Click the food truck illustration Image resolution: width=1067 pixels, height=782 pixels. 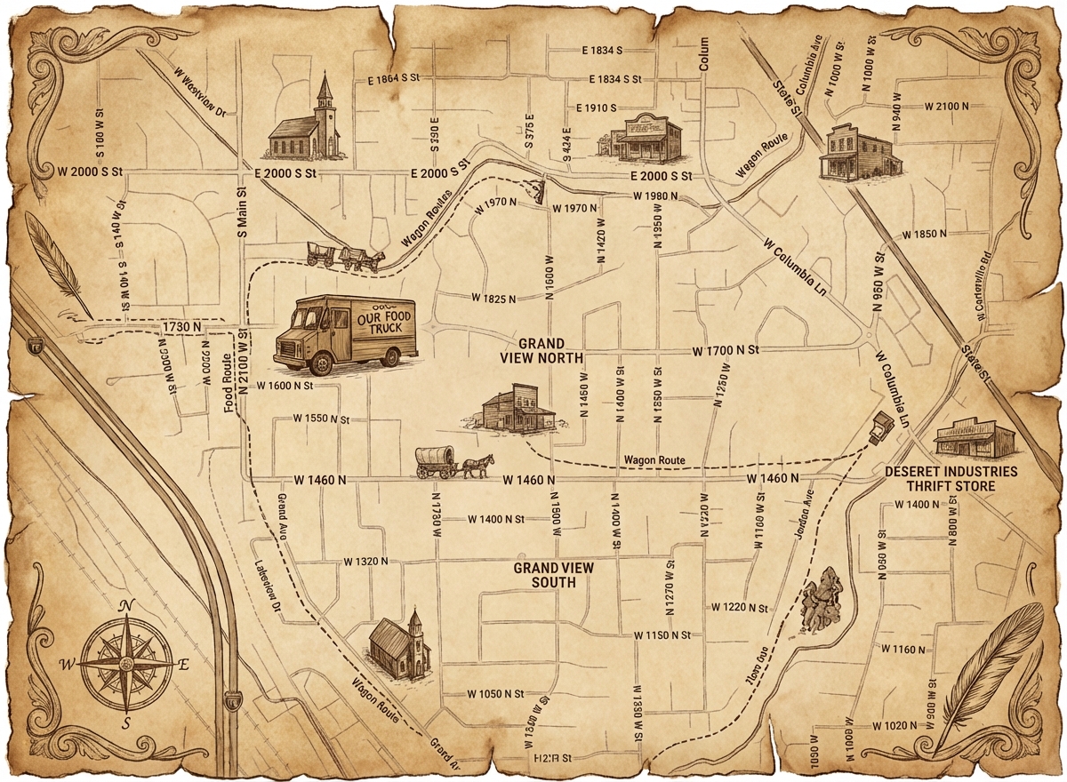(345, 333)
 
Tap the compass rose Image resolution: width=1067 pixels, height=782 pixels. (125, 662)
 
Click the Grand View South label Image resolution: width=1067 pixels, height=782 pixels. (553, 575)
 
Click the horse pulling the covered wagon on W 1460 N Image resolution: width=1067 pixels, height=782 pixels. (477, 465)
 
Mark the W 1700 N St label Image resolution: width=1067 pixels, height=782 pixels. (726, 352)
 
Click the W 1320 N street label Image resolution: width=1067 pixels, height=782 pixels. (366, 562)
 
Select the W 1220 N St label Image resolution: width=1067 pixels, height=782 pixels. (739, 607)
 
